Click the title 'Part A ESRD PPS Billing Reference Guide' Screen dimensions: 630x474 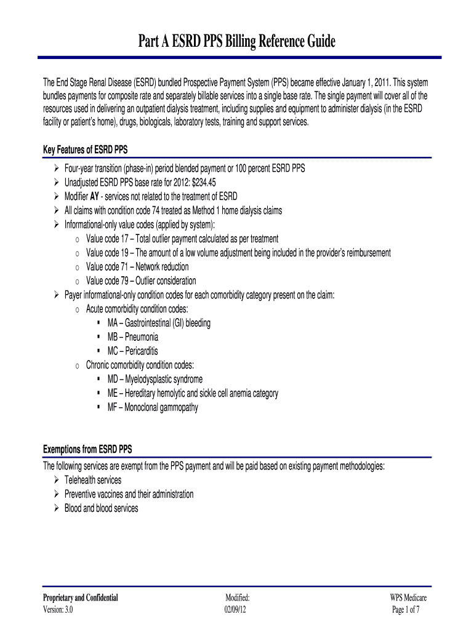236,42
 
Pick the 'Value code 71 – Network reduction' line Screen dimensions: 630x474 137,267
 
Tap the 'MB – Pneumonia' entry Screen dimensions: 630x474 132,337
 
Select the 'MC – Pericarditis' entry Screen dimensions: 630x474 132,351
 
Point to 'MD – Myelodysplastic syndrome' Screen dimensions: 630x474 155,379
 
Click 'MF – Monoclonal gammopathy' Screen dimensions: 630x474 153,407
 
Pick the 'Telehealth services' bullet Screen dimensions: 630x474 93,480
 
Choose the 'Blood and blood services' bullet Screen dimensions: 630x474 102,508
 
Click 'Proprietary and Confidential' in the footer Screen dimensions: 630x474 80,598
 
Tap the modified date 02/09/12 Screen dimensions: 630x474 237,610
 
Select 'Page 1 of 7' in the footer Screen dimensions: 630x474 406,610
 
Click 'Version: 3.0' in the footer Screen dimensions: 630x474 60,610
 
